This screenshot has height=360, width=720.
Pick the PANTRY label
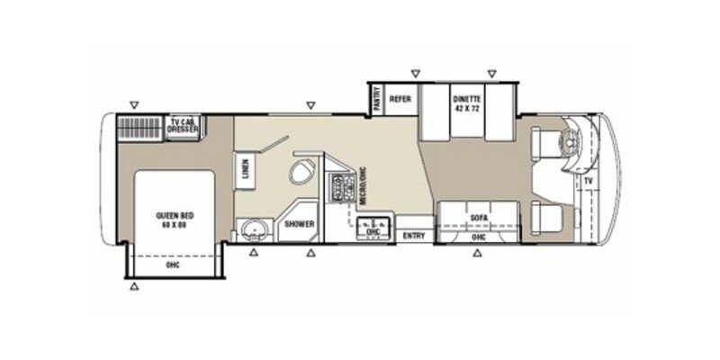(x=375, y=96)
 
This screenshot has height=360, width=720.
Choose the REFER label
(x=401, y=100)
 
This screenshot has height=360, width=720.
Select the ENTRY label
(x=415, y=236)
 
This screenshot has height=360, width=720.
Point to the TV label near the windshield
(x=589, y=183)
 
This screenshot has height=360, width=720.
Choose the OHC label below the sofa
(x=478, y=237)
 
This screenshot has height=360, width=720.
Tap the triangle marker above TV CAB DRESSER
(x=133, y=106)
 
